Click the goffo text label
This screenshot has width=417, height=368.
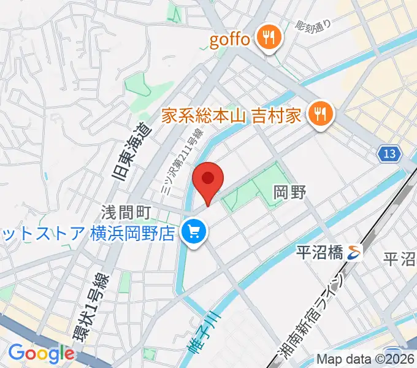coord(230,40)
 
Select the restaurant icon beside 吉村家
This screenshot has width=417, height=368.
coord(320,113)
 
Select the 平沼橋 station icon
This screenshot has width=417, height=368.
coord(354,250)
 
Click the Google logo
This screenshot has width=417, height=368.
coord(41,353)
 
